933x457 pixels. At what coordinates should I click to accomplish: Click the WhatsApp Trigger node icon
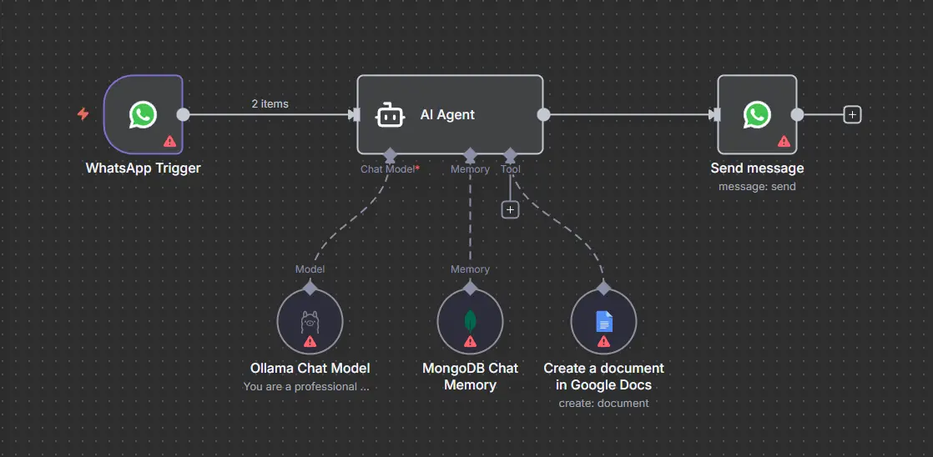tap(143, 114)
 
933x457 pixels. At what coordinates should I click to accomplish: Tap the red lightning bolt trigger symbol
tap(83, 114)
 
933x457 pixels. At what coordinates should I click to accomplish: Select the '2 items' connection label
tap(270, 103)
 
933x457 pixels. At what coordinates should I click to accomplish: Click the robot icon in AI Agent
tap(390, 115)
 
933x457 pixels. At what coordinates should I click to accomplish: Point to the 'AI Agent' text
tap(447, 115)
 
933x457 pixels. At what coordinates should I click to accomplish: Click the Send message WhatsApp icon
tap(757, 114)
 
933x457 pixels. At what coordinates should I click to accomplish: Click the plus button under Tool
tap(510, 209)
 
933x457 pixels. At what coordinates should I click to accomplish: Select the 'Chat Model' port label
tap(388, 169)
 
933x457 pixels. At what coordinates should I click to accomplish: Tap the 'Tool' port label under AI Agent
tap(510, 169)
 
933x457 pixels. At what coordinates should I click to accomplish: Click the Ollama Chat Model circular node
tap(310, 322)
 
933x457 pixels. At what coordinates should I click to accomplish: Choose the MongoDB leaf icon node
tap(470, 321)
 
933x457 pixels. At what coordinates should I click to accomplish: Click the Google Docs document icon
tap(603, 321)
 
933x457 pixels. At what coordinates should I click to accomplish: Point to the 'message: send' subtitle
tap(757, 187)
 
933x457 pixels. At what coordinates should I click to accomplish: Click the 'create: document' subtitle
tap(603, 403)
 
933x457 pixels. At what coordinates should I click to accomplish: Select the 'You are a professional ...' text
tap(305, 386)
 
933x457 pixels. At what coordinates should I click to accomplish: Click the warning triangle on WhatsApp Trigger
tap(169, 141)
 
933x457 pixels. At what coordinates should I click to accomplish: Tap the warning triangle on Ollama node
tap(310, 341)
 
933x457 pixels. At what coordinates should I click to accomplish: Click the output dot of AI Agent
tap(543, 115)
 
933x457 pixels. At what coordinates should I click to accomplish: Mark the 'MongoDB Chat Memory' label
tap(470, 376)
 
